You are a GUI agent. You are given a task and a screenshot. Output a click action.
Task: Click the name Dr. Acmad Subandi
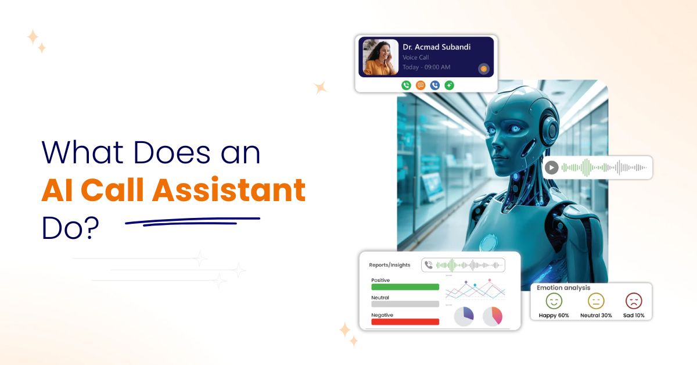coord(436,46)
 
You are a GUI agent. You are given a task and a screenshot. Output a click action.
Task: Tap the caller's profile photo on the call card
coord(380,57)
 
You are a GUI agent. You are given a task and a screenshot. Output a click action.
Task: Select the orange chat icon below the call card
coord(421,85)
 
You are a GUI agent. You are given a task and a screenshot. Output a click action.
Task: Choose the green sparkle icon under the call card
coord(449,85)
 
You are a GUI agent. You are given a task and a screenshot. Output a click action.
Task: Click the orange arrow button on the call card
coord(483,69)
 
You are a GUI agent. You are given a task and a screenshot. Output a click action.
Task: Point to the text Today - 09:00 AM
coord(426,67)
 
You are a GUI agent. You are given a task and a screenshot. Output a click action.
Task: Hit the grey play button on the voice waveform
coord(552,167)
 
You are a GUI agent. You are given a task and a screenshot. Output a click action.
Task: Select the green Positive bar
coord(405,287)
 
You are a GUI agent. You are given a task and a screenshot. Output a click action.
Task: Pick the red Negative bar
coord(405,321)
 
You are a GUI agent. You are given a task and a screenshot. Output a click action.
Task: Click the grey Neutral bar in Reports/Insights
coord(405,304)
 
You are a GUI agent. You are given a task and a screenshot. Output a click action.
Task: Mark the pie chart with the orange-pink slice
coord(493,316)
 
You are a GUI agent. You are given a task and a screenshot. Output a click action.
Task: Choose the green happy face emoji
coord(554,300)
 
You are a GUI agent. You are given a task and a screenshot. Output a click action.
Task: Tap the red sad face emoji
coord(633,300)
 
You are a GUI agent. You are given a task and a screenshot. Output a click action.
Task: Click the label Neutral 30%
coord(595,315)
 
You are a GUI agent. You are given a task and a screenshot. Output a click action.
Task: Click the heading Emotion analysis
coord(563,288)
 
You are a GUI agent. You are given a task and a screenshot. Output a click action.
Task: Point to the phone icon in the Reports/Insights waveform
coord(429,265)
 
